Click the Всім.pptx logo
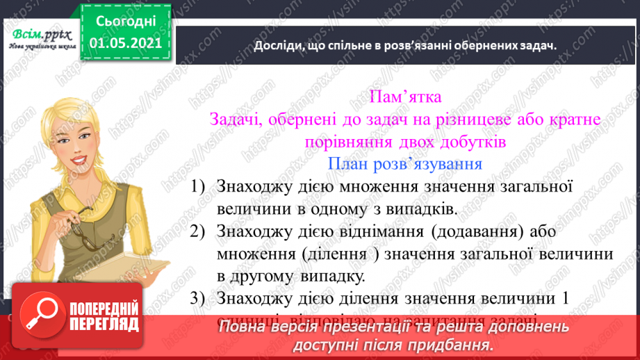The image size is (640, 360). pyautogui.click(x=39, y=34)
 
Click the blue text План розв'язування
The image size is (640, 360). pyautogui.click(x=404, y=164)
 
